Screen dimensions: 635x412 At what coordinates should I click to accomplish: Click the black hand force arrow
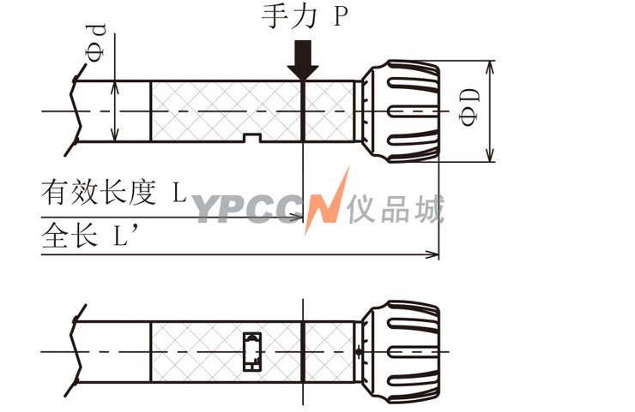(303, 60)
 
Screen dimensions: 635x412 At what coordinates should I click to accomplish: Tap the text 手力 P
(305, 16)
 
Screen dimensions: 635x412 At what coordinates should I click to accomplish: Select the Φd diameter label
(96, 43)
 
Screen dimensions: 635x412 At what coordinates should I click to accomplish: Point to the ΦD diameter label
(469, 107)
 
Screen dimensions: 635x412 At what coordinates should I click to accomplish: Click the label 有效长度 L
(114, 192)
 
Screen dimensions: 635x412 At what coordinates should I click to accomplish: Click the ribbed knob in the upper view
(400, 111)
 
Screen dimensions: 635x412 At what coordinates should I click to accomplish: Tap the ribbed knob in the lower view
(400, 352)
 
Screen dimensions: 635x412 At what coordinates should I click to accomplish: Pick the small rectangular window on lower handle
(252, 351)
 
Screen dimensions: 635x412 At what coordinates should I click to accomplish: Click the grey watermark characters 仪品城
(396, 209)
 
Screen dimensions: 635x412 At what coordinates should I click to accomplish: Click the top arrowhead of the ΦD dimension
(490, 68)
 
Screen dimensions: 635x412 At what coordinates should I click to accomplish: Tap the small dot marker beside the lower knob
(359, 351)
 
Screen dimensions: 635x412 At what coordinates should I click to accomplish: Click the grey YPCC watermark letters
(248, 209)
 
